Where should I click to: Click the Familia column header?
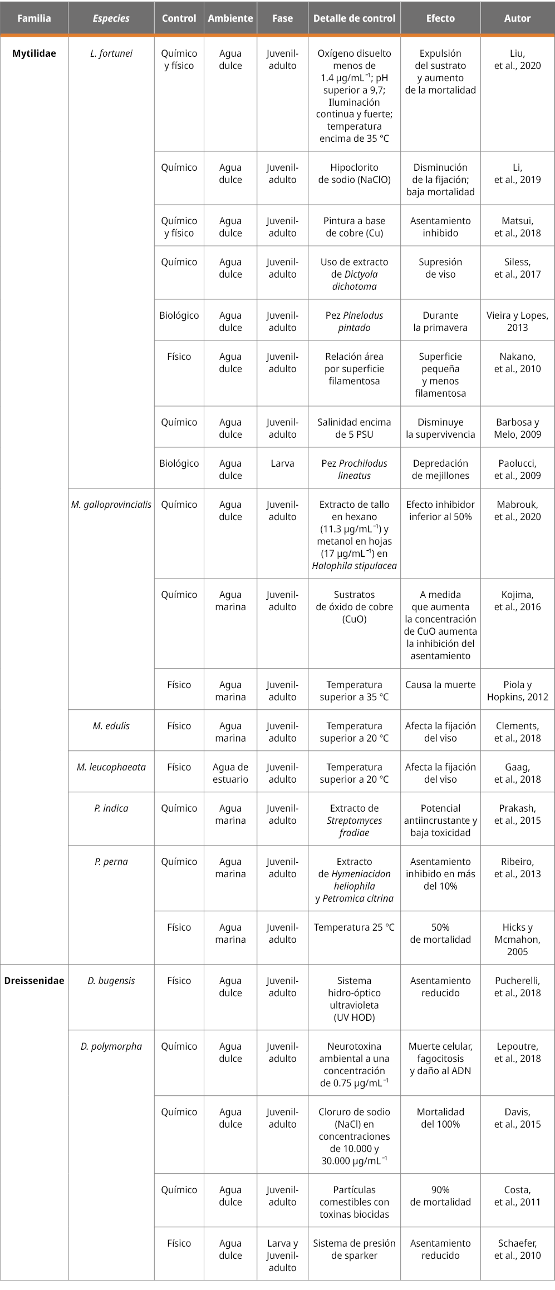(34, 18)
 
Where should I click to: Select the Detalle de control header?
(354, 18)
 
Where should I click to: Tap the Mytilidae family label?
(34, 54)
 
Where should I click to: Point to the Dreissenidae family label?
(34, 981)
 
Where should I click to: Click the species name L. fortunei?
(111, 54)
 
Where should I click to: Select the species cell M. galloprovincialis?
(111, 505)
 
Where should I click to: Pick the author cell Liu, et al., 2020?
(517, 60)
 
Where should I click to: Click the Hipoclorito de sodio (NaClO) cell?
(354, 174)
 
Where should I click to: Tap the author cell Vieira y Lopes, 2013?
(517, 322)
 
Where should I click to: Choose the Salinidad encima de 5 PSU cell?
(354, 428)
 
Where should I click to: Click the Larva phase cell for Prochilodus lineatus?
(282, 463)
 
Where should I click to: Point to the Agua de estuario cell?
(230, 773)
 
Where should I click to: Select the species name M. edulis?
(111, 726)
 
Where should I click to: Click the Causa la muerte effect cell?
(440, 685)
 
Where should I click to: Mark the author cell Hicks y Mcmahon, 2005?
(517, 939)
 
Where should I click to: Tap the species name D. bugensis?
(111, 981)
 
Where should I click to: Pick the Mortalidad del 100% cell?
(440, 1118)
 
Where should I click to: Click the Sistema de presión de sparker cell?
(354, 1249)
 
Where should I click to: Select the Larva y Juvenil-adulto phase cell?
(282, 1256)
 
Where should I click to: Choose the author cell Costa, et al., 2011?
(517, 1196)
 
